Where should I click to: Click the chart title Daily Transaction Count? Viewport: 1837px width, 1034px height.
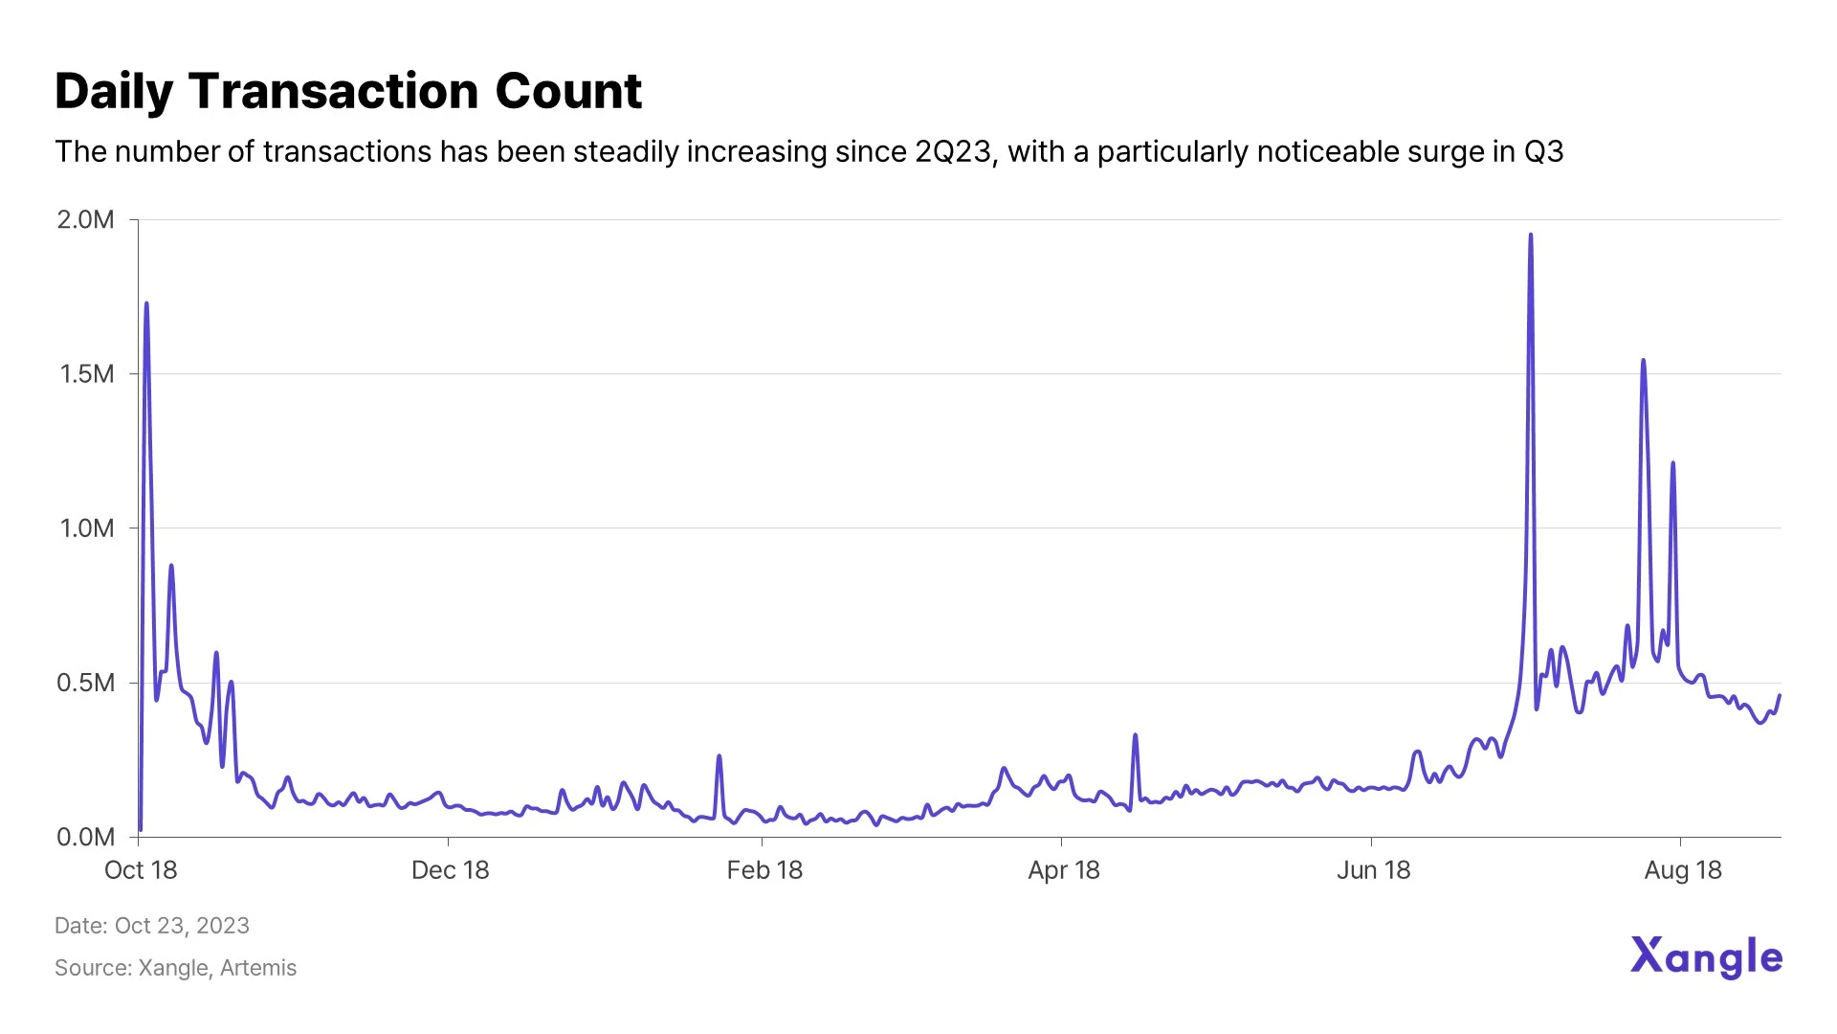[x=348, y=92]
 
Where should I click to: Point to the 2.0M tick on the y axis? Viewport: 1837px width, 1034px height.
[x=86, y=220]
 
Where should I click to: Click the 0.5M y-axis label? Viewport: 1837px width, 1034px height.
[x=86, y=683]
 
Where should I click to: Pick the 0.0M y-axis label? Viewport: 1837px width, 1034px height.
[x=86, y=838]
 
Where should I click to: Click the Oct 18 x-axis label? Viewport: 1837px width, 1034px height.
[x=141, y=870]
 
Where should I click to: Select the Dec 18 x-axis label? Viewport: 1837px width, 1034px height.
[x=450, y=870]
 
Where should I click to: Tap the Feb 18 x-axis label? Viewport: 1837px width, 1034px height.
[x=764, y=870]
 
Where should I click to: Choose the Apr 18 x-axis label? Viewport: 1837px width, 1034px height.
[x=1063, y=870]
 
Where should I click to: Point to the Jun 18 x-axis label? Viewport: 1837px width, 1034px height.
[x=1373, y=870]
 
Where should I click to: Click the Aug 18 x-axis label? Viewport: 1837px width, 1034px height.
[x=1682, y=870]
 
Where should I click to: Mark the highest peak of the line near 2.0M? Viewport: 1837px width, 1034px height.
[x=1531, y=235]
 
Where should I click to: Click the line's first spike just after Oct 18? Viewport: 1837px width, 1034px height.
[x=146, y=304]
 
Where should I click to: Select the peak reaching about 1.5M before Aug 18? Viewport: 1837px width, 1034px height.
[x=1643, y=361]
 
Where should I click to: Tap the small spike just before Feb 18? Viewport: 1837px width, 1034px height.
[x=719, y=756]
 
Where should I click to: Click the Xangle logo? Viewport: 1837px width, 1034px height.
[x=1706, y=957]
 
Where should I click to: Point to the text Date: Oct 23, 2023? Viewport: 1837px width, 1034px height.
[x=152, y=926]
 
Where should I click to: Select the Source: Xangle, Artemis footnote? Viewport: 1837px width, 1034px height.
[x=175, y=968]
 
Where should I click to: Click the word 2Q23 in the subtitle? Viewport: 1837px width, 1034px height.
[x=953, y=152]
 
